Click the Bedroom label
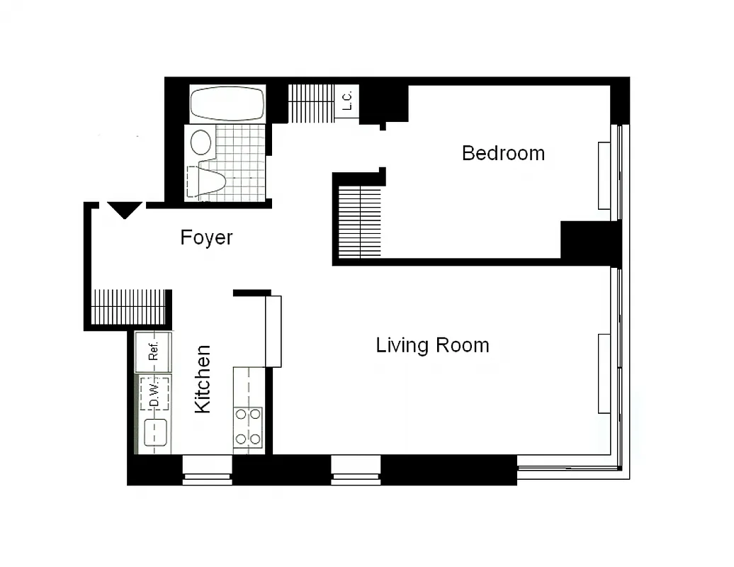503,153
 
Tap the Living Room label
432,346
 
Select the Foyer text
206,237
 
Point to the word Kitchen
203,378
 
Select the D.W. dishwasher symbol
154,393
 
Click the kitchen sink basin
155,432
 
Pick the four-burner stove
248,427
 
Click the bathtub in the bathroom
227,104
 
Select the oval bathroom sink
202,142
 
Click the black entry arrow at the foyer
126,210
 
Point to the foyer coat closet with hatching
129,307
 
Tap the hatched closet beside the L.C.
311,103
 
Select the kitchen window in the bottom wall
208,471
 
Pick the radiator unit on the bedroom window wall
604,176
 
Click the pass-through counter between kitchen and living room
273,331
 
